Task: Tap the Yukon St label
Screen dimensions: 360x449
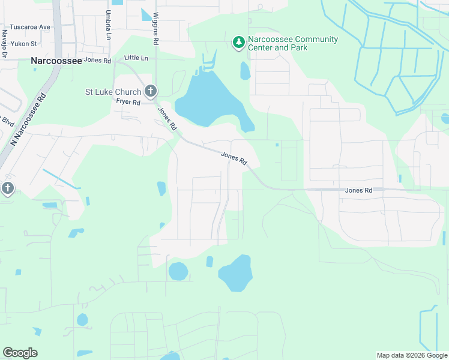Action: click(x=26, y=44)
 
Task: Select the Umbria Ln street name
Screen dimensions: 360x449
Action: click(x=109, y=24)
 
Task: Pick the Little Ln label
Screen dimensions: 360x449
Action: click(x=136, y=58)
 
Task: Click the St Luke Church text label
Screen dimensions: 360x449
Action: click(x=113, y=92)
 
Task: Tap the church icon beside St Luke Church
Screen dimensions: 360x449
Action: click(x=150, y=92)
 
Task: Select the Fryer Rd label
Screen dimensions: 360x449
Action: click(x=128, y=102)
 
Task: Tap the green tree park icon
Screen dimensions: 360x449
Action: click(x=239, y=41)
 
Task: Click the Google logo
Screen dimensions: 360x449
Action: click(x=20, y=353)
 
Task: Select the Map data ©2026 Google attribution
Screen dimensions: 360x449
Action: click(x=412, y=355)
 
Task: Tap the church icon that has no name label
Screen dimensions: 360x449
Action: click(x=7, y=188)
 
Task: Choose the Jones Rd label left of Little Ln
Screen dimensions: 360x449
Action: click(x=98, y=61)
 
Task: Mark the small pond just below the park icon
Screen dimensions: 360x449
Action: click(x=245, y=71)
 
